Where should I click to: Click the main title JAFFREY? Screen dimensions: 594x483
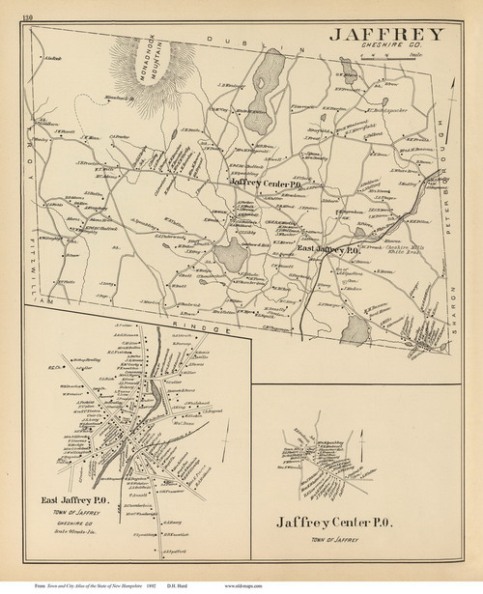(x=385, y=34)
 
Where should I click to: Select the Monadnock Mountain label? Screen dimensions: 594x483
(x=183, y=71)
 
